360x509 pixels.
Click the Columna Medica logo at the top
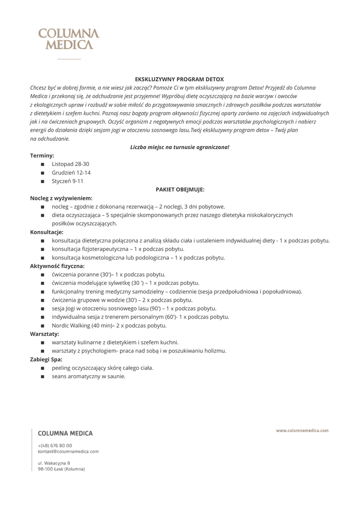pos(69,39)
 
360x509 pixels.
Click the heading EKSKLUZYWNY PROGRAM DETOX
pos(180,79)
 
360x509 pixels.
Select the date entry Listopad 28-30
pos(71,164)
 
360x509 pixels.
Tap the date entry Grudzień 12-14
pos(71,172)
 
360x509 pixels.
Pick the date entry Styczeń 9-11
pos(68,181)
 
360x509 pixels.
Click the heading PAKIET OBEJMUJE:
pos(180,189)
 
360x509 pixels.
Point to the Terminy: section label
pos(42,155)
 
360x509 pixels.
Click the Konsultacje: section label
pos(47,232)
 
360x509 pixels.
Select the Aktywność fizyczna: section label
pos(57,266)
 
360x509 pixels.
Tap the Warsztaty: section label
pos(45,334)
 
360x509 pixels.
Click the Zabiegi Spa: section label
pos(46,359)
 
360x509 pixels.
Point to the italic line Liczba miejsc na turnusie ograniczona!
pos(180,147)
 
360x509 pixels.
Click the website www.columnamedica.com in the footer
pos(302,430)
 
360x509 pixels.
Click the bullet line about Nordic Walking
pos(109,326)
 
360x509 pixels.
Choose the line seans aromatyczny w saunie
pos(89,376)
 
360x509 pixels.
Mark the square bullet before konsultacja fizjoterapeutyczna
pos(43,249)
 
